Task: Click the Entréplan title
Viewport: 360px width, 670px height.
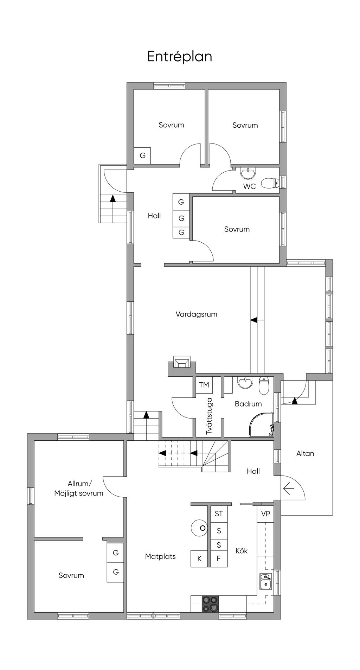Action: tap(180, 57)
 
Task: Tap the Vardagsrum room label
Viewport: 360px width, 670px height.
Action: tap(197, 314)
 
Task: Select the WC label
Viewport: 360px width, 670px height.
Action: tap(250, 186)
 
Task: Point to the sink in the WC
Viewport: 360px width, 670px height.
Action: tap(249, 173)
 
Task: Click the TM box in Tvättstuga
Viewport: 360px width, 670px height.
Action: tap(204, 385)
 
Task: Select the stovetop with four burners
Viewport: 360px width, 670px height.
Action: tap(210, 604)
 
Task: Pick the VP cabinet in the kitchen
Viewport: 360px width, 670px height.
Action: tap(265, 514)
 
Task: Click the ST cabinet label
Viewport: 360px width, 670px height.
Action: tap(219, 514)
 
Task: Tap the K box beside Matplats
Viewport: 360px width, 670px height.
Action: tap(200, 559)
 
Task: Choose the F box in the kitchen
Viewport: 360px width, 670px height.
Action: tap(219, 559)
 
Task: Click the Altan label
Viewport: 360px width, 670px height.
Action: tap(305, 453)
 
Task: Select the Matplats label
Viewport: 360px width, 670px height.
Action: tap(160, 556)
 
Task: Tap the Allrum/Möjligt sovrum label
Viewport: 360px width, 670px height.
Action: tap(79, 489)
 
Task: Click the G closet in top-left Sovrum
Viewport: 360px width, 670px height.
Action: tap(142, 155)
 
